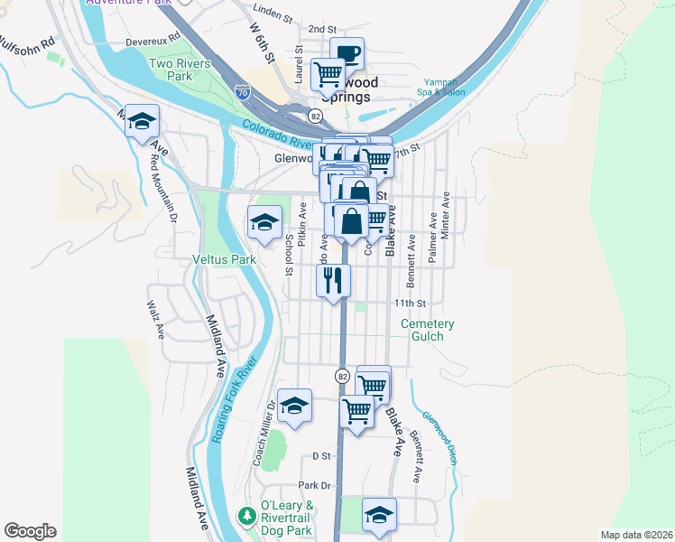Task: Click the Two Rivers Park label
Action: click(180, 70)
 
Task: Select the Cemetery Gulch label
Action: click(428, 330)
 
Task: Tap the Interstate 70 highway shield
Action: click(242, 92)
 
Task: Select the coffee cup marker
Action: click(347, 52)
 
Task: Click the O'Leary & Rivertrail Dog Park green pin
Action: click(246, 515)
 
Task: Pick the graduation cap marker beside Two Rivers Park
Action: click(142, 122)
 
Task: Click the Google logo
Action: click(30, 531)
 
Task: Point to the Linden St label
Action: click(274, 17)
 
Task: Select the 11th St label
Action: click(408, 304)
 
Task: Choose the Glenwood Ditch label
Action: click(440, 438)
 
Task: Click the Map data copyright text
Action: click(636, 535)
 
